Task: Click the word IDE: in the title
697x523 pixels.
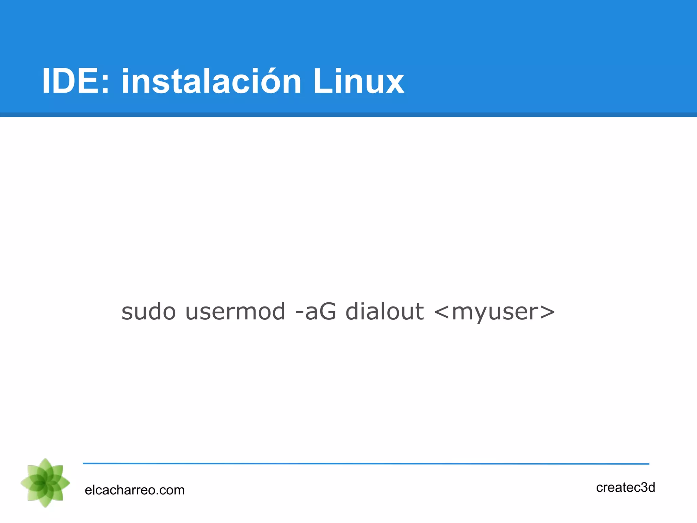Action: (x=76, y=81)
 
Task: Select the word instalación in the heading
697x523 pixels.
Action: (x=211, y=81)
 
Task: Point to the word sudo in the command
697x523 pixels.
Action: (x=148, y=312)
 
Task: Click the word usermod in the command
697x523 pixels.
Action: (x=235, y=312)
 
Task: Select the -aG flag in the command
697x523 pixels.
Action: (x=316, y=312)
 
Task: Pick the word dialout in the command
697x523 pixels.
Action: (x=385, y=312)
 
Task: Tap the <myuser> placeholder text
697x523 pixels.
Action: (x=495, y=312)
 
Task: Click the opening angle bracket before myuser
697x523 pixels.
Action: (x=442, y=312)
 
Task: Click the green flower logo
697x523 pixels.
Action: (x=45, y=483)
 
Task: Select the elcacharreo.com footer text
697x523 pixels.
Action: (x=134, y=490)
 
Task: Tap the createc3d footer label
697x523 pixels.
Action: (x=626, y=488)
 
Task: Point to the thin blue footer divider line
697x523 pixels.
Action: (x=366, y=463)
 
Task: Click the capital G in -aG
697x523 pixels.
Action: (x=328, y=312)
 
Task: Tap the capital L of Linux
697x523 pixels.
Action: (x=322, y=81)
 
